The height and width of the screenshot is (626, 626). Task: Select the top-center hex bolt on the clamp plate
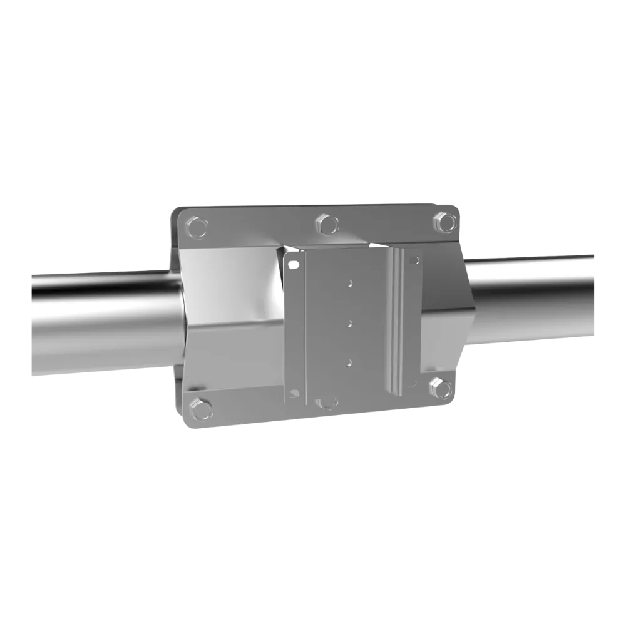tap(326, 223)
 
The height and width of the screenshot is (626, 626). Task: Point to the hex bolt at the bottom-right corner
tap(443, 389)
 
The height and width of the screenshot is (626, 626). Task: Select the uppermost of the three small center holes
tap(350, 282)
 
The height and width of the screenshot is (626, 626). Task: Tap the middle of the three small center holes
tap(349, 322)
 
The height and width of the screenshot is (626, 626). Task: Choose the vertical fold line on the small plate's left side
tap(304, 326)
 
